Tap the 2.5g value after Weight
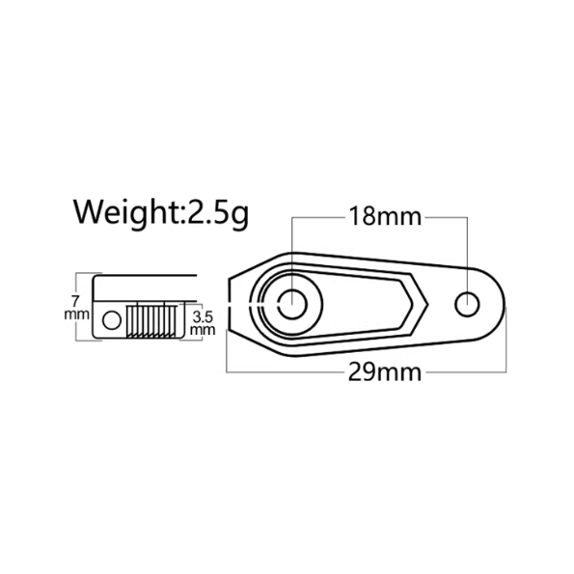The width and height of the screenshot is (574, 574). (217, 212)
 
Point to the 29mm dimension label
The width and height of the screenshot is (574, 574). (385, 371)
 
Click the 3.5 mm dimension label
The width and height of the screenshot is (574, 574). (203, 321)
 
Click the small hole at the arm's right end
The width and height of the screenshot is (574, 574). (469, 303)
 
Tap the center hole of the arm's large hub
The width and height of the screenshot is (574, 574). (291, 303)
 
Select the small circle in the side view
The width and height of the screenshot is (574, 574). (111, 318)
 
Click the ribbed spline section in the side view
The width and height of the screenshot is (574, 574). (150, 320)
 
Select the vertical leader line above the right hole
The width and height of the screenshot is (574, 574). (469, 251)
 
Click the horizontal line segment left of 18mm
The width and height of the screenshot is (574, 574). (317, 216)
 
